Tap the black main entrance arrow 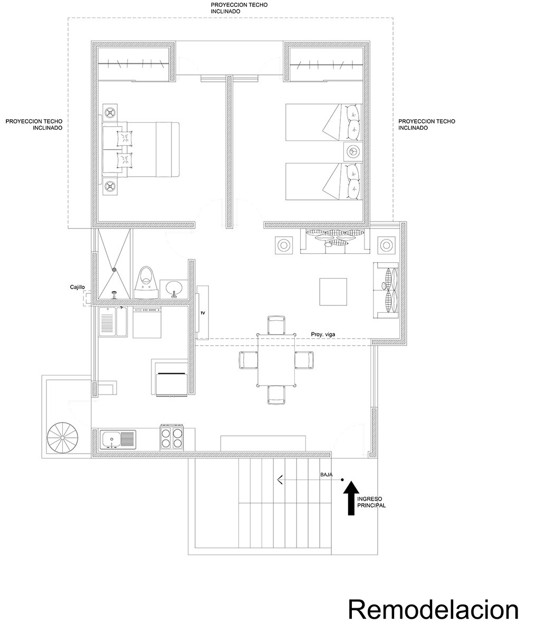(349, 498)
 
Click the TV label (202, 313)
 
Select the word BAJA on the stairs (327, 475)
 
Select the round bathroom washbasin (173, 288)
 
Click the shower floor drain (113, 270)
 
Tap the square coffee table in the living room (333, 292)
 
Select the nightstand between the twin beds (352, 152)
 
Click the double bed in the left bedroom (141, 149)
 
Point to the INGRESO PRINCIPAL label (371, 502)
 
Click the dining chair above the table (276, 324)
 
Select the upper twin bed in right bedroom (323, 122)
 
